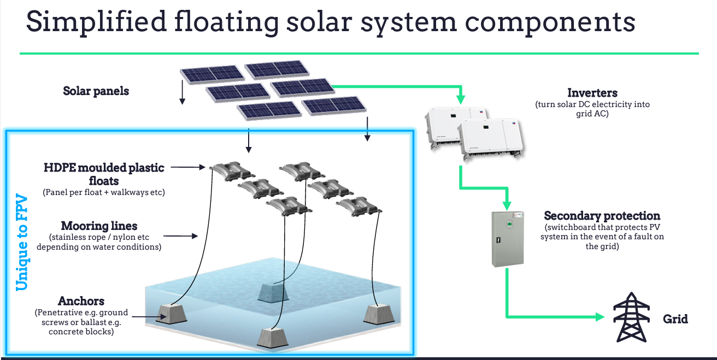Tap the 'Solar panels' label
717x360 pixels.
(96, 91)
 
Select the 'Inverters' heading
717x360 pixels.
(592, 93)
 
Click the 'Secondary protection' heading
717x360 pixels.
(602, 216)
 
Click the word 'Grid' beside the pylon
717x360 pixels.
(675, 318)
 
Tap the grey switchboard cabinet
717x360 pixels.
(508, 239)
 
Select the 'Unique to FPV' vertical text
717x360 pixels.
(21, 240)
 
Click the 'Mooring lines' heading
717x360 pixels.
(99, 226)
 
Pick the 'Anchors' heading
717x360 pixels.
(81, 301)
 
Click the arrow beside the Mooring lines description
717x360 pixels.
(180, 237)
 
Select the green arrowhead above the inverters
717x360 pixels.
(461, 100)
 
